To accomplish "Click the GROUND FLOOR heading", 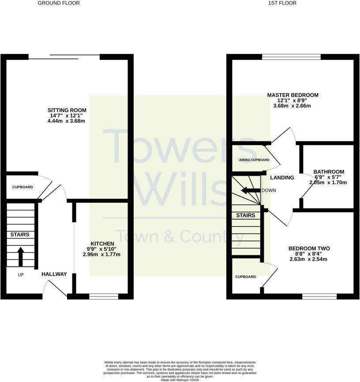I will point(59,3).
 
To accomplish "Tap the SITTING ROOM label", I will point(67,110).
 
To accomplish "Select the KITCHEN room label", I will point(102,244).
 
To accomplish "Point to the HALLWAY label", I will point(54,274).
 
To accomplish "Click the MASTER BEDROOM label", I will point(292,95).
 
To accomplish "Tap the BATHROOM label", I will point(329,172).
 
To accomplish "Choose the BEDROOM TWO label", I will point(309,249).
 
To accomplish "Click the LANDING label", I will point(282,178).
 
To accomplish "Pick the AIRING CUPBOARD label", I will point(254,160).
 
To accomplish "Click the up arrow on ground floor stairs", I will point(20,257).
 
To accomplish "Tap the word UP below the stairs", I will point(21,275).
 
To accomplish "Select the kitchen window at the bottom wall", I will point(104,296).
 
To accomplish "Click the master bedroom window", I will point(291,57).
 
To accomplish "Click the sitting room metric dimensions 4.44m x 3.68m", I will point(67,121).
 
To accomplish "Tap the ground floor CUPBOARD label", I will point(22,187).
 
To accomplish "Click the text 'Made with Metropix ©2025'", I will point(180,380).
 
